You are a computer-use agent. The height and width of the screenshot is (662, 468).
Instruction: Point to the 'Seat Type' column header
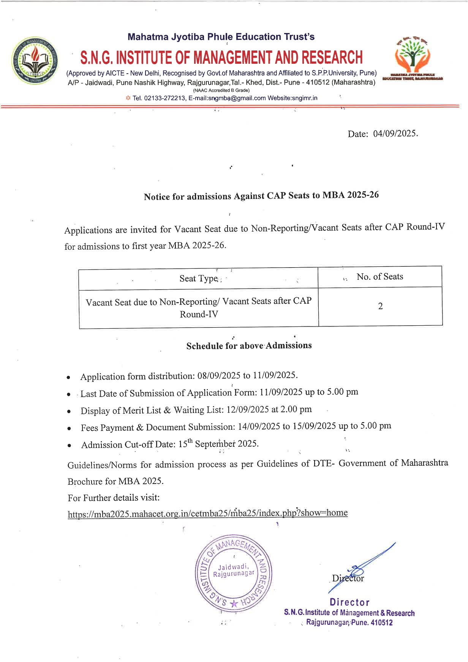pyautogui.click(x=198, y=279)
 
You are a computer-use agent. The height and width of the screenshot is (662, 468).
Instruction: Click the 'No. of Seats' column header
pyautogui.click(x=379, y=277)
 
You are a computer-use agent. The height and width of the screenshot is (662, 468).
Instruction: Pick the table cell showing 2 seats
pyautogui.click(x=380, y=306)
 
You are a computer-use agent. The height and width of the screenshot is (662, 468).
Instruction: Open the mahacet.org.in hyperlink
pyautogui.click(x=207, y=514)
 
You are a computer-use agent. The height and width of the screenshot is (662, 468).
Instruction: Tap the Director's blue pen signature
pyautogui.click(x=361, y=567)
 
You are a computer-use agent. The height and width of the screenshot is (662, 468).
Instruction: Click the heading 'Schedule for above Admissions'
pyautogui.click(x=249, y=346)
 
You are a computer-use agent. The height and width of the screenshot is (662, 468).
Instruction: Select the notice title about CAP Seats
pyautogui.click(x=261, y=195)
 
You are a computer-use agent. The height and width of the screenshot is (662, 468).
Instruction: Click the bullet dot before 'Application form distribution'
pyautogui.click(x=68, y=378)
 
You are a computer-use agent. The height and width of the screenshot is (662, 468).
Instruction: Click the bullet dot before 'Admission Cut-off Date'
pyautogui.click(x=69, y=446)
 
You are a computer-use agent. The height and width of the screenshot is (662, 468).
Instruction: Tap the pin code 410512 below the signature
pyautogui.click(x=381, y=623)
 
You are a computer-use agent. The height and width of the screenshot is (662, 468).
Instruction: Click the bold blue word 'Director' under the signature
pyautogui.click(x=349, y=602)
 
